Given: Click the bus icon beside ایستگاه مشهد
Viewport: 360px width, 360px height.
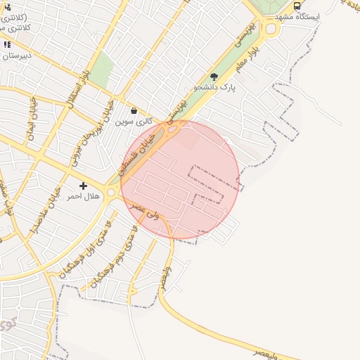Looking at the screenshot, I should (x=297, y=6).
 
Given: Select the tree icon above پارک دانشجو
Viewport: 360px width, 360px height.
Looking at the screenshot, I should (x=214, y=77).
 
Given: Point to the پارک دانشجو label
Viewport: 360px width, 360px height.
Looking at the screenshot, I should (x=214, y=88).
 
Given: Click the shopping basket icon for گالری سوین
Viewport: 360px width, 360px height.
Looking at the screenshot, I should (x=134, y=110).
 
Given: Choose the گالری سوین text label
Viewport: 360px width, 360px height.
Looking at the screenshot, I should (x=134, y=121).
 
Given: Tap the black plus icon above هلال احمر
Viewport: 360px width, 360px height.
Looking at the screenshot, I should (x=84, y=186).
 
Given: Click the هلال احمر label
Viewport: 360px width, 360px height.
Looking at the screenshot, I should (x=84, y=197).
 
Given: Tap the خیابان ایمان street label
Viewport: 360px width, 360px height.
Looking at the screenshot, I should (x=32, y=119).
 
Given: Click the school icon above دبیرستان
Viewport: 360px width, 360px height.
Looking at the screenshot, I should (x=7, y=44).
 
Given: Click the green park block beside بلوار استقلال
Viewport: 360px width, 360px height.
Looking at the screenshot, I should (x=103, y=70).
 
